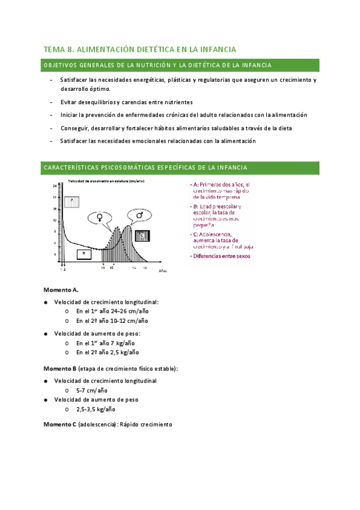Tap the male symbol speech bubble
coord(139,215)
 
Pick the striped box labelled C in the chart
coord(142,235)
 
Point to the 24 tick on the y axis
coord(54,185)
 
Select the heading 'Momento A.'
coord(61,289)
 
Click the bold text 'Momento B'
coord(60,367)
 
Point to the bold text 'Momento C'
coord(60,424)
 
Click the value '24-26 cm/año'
coord(129,312)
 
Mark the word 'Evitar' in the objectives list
coord(70,102)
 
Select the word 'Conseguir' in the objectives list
coord(75,127)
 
